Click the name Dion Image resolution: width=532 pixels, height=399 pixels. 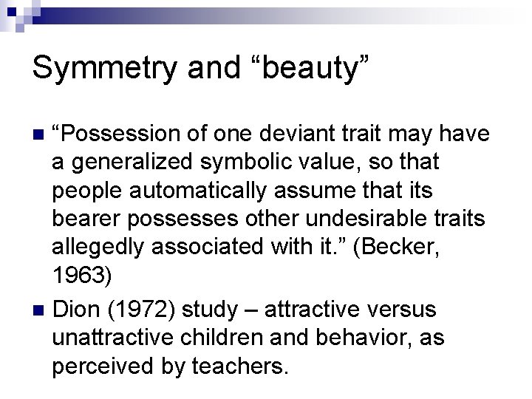(78, 308)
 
